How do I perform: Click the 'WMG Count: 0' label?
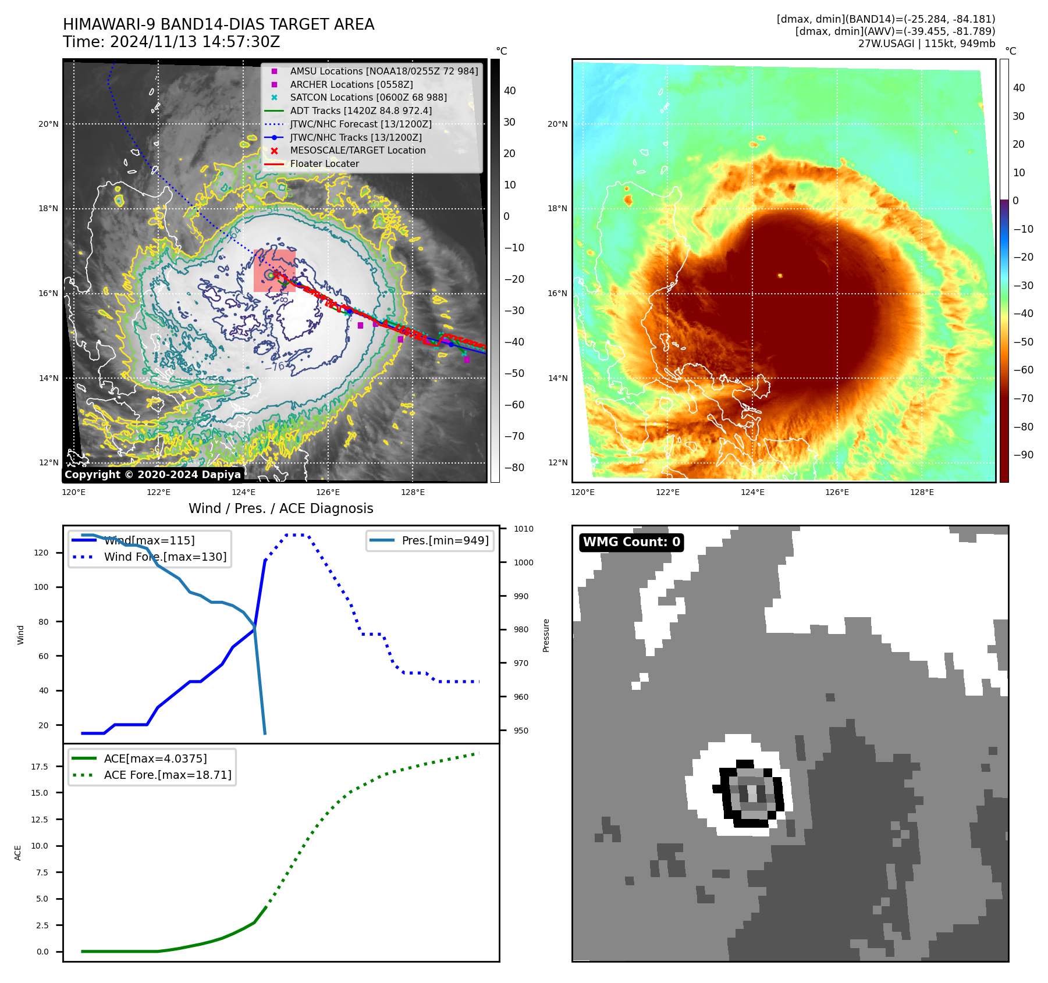(x=631, y=542)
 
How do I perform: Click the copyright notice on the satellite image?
(x=152, y=475)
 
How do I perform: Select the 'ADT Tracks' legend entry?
(x=361, y=111)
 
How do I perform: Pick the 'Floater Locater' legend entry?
(x=324, y=163)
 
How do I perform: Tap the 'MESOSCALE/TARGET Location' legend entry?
(x=357, y=150)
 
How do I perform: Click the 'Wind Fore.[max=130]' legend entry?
(x=165, y=557)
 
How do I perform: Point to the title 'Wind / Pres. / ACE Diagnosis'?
(x=281, y=508)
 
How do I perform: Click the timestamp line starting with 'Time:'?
(x=172, y=42)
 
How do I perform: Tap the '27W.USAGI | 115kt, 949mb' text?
(x=926, y=44)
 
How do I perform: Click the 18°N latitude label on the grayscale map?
(x=48, y=209)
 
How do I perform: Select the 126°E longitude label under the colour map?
(x=837, y=492)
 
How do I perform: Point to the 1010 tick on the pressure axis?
(x=523, y=529)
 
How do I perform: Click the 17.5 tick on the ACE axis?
(x=40, y=767)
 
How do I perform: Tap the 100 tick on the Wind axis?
(x=41, y=587)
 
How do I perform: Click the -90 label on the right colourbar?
(x=1023, y=455)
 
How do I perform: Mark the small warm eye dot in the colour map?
(x=780, y=276)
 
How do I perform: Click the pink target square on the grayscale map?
(x=275, y=270)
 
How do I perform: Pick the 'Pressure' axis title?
(x=546, y=635)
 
